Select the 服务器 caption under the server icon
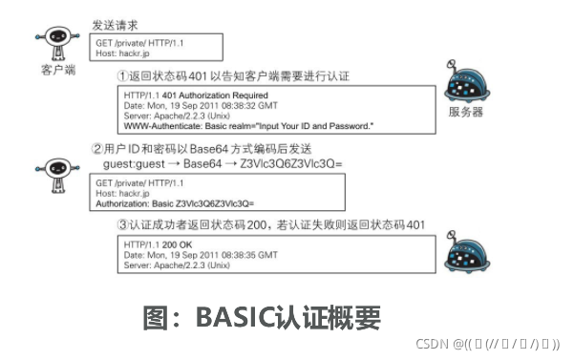(465, 112)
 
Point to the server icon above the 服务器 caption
(467, 82)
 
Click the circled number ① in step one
(123, 74)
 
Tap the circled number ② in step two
(96, 150)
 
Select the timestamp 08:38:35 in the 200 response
(250, 255)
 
